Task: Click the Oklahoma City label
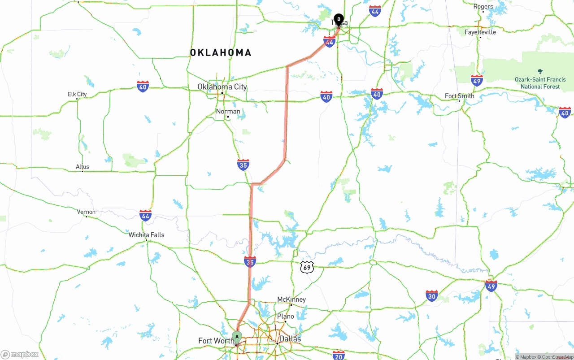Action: [x=222, y=87]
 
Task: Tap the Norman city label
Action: [x=228, y=111]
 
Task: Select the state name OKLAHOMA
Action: [x=221, y=53]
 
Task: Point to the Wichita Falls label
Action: [x=146, y=234]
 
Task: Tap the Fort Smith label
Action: [x=459, y=96]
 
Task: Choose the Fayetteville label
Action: [x=480, y=32]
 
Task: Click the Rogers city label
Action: [x=483, y=7]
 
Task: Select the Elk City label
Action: [x=77, y=94]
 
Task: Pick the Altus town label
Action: [x=83, y=167]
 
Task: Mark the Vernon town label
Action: [x=86, y=212]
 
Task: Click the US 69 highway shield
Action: [x=307, y=268]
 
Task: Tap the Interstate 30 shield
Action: [x=432, y=295]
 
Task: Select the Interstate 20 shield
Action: [x=339, y=355]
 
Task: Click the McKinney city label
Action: [x=291, y=299]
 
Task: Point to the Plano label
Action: [x=285, y=316]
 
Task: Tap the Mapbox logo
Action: [x=20, y=354]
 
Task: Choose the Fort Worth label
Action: [x=215, y=341]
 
